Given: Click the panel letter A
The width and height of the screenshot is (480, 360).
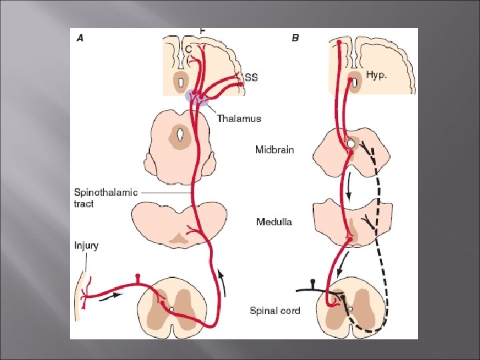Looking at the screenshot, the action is (x=80, y=38).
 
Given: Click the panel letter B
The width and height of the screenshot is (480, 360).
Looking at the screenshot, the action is (x=295, y=38).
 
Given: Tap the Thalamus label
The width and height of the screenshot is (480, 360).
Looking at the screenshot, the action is (x=239, y=119).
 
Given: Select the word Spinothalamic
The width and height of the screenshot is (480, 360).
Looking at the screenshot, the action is (x=105, y=193).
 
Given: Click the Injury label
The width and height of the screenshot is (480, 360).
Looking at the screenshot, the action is (x=86, y=245).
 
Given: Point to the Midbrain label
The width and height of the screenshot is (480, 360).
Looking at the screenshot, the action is (x=275, y=150).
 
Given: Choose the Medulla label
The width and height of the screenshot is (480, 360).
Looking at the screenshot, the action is (x=274, y=221).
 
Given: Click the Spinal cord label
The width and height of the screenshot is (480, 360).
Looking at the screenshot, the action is (x=275, y=311).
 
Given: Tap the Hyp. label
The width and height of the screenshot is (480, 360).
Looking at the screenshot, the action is (x=376, y=75).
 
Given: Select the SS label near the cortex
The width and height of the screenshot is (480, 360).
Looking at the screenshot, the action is (x=251, y=78).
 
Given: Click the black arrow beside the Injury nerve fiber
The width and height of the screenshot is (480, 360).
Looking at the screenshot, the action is (x=111, y=296).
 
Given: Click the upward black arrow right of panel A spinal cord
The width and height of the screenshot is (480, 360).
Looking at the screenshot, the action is (x=223, y=281).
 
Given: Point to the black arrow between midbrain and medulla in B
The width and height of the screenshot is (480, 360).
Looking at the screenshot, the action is (x=349, y=185).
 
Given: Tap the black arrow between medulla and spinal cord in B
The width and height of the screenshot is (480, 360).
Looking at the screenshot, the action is (x=343, y=263).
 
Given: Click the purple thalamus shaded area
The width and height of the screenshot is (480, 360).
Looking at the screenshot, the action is (x=197, y=97).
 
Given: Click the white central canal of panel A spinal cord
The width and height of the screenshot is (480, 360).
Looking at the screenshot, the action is (x=171, y=309).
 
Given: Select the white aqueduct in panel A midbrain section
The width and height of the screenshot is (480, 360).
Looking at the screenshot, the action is (x=180, y=134).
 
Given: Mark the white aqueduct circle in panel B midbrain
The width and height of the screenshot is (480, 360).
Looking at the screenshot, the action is (x=351, y=143).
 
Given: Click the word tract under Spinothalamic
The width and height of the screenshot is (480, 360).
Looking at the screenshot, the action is (x=83, y=204).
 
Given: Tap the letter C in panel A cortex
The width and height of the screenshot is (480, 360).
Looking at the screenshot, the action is (x=189, y=49).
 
